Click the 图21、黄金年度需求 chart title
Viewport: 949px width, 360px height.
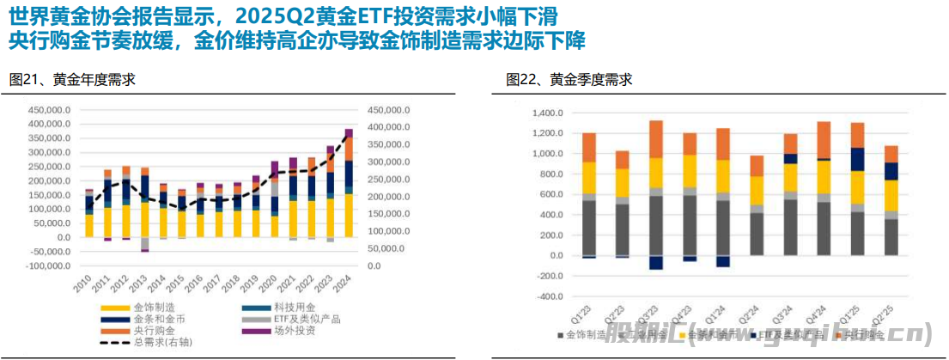pos(72,80)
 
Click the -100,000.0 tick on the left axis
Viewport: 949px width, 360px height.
pos(46,266)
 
